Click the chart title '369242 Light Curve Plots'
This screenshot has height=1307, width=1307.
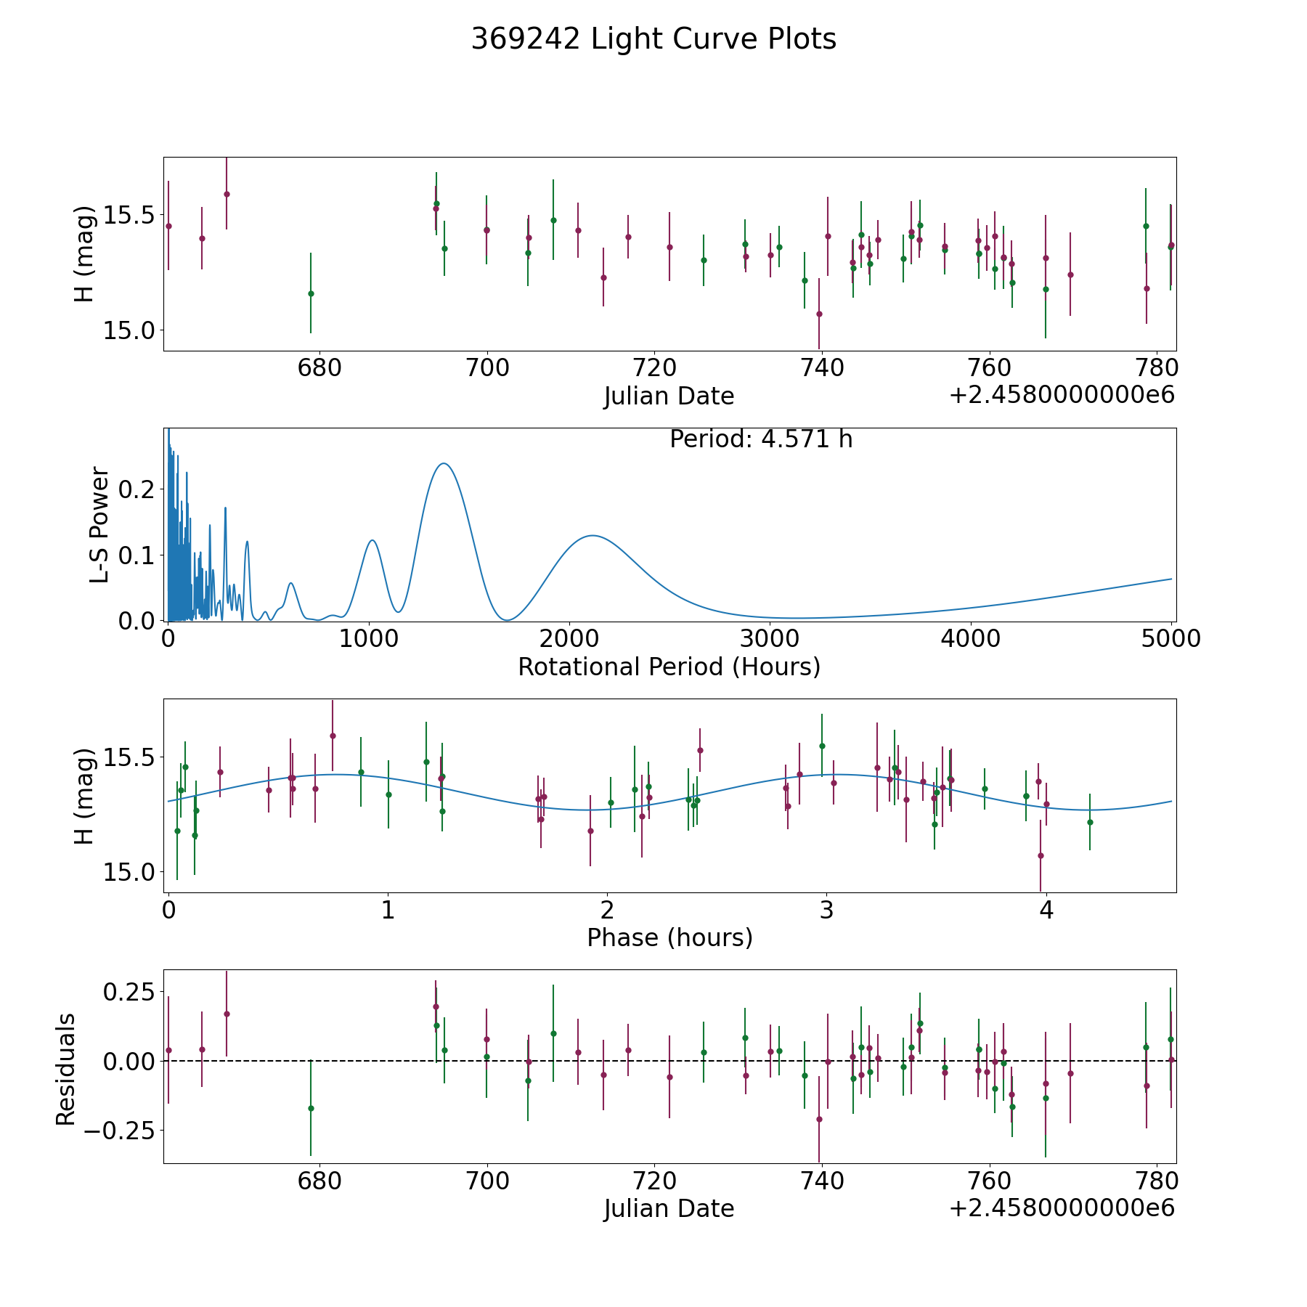click(x=653, y=39)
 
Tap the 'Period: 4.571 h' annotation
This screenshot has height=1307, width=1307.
click(x=761, y=439)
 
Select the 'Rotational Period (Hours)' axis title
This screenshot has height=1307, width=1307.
click(x=669, y=667)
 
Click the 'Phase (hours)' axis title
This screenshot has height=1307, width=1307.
click(x=669, y=937)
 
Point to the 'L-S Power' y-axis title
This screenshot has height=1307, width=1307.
click(x=99, y=524)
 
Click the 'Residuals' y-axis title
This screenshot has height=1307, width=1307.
click(x=65, y=1069)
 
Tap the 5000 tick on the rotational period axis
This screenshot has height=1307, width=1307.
click(x=1172, y=638)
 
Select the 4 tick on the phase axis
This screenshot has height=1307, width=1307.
click(x=1046, y=910)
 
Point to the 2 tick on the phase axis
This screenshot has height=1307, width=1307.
click(x=607, y=910)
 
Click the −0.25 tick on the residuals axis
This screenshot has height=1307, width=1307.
click(x=119, y=1131)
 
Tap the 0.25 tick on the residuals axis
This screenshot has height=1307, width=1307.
click(x=129, y=992)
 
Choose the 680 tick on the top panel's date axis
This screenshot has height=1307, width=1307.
click(x=319, y=368)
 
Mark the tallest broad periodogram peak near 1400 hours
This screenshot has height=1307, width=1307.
click(x=442, y=463)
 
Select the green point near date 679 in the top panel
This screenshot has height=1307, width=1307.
click(x=311, y=293)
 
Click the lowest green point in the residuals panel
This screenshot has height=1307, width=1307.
click(x=311, y=1108)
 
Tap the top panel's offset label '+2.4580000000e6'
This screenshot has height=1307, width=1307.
click(x=1062, y=395)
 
